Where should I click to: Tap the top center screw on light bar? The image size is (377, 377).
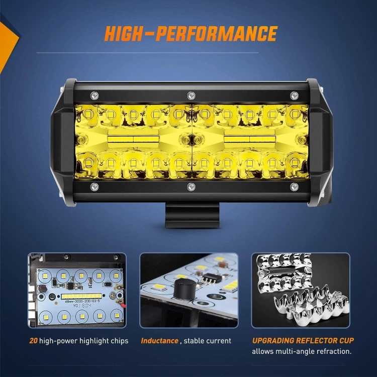point(191,95)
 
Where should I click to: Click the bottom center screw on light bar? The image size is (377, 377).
point(191,187)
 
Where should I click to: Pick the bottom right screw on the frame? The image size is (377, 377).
point(294,187)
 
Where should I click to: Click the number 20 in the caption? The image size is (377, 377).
point(33,341)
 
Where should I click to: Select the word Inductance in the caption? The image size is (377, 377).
point(159,341)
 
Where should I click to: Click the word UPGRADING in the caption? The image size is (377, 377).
point(274,341)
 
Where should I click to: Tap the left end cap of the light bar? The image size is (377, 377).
point(63,141)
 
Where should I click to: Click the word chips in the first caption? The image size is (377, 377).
point(118,341)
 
